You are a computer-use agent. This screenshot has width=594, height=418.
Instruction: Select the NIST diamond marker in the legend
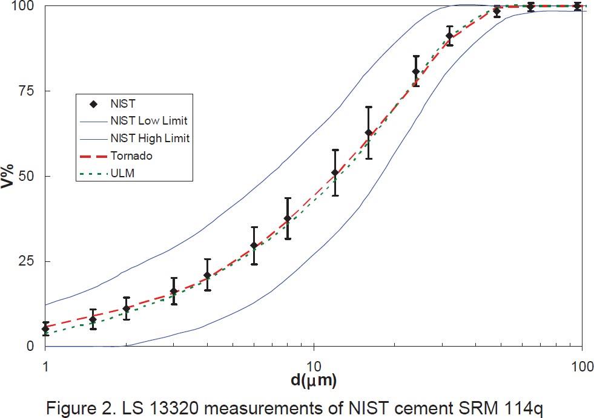[94, 104]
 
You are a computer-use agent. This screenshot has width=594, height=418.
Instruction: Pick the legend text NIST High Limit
[150, 139]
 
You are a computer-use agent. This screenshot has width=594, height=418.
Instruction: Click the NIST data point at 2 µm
[126, 309]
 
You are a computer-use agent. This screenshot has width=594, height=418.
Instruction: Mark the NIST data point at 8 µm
[288, 218]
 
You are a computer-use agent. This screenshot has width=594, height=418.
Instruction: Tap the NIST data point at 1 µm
[45, 329]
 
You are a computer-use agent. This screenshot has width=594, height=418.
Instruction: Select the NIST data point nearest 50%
[335, 173]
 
